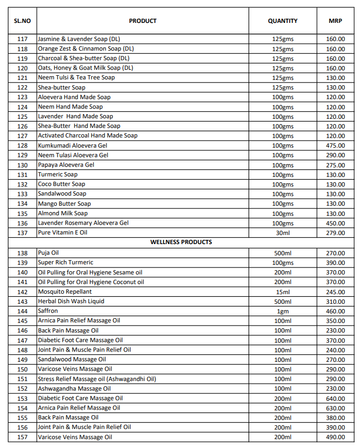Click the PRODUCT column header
pyautogui.click(x=143, y=21)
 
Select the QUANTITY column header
pyautogui.click(x=282, y=21)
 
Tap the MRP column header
pyautogui.click(x=336, y=21)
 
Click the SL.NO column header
pyautogui.click(x=22, y=21)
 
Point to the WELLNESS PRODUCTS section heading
pyautogui.click(x=181, y=242)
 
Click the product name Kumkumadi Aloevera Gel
pyautogui.click(x=72, y=145)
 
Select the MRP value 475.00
pyautogui.click(x=336, y=145)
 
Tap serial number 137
pyautogui.click(x=22, y=233)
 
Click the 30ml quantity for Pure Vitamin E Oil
pyautogui.click(x=282, y=233)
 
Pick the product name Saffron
pyautogui.click(x=48, y=311)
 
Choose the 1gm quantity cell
pyautogui.click(x=282, y=311)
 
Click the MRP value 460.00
pyautogui.click(x=336, y=311)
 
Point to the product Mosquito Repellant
pyautogui.click(x=64, y=292)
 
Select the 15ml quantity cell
pyautogui.click(x=282, y=292)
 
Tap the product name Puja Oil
pyautogui.click(x=48, y=253)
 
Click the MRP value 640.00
pyautogui.click(x=336, y=398)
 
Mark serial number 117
pyautogui.click(x=22, y=39)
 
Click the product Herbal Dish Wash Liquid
pyautogui.click(x=71, y=301)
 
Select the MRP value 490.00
pyautogui.click(x=336, y=437)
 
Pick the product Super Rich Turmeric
pyautogui.click(x=66, y=262)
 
